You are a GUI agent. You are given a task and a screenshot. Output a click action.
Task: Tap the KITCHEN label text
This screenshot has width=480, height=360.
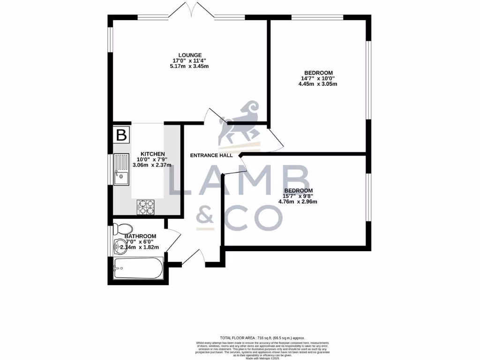[153, 154]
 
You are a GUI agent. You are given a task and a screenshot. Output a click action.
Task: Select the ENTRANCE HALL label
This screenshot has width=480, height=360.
[211, 156]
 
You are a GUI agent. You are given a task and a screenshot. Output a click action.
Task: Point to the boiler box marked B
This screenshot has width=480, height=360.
[121, 135]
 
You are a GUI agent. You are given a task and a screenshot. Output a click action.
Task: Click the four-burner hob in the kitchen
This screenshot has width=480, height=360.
[145, 207]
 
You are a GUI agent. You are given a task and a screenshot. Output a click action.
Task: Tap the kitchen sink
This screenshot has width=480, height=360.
[121, 170]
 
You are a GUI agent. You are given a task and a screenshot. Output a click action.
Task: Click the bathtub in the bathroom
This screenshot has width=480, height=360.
[138, 269]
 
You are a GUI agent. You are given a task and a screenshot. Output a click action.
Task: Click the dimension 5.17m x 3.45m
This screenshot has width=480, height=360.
[189, 67]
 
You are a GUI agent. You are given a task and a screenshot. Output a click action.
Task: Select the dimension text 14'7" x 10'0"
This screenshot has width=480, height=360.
[318, 78]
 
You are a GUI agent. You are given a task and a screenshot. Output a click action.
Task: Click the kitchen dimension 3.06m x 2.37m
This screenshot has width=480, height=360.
[152, 165]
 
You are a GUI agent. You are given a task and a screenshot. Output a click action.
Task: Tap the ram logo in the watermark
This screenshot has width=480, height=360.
[240, 123]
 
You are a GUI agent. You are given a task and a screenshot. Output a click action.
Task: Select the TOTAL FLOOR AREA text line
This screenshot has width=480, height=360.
[262, 337]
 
